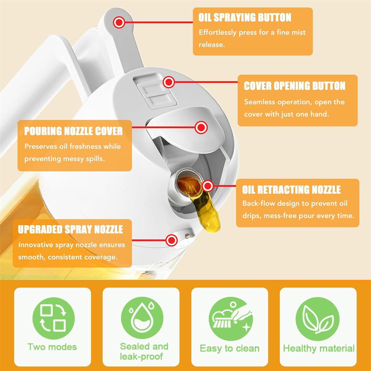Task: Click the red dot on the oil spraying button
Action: (119, 23)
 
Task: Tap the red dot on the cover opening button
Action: (169, 82)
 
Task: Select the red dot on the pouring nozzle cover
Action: (201, 128)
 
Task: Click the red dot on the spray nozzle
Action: (171, 240)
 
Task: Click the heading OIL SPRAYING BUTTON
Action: (245, 17)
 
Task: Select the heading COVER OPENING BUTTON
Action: (295, 86)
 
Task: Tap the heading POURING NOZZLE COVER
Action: (73, 131)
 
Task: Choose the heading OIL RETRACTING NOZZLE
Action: (291, 190)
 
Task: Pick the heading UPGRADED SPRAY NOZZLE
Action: (70, 229)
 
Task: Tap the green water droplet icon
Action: (142, 318)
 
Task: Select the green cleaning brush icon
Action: (230, 318)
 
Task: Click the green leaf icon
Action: (318, 318)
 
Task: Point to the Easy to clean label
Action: (230, 348)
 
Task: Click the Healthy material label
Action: (318, 348)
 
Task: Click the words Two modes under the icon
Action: (52, 347)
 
